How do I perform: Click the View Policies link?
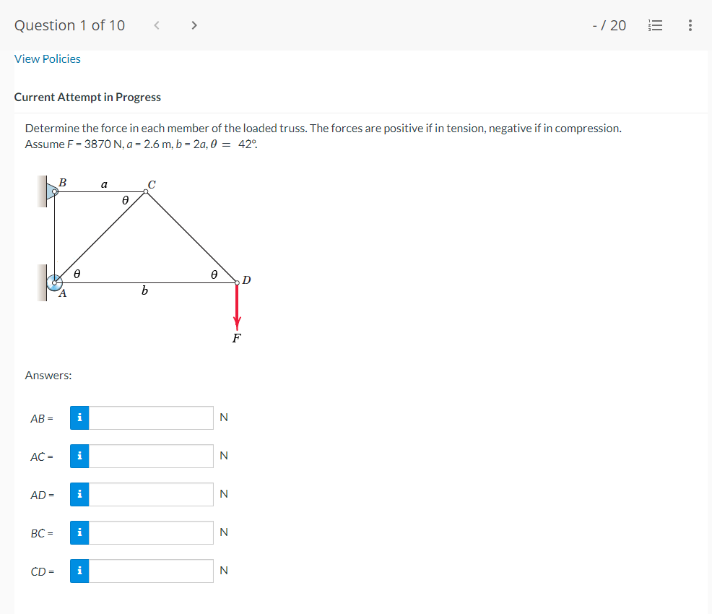pos(48,59)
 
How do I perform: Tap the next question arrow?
pos(193,25)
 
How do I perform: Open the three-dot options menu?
pos(690,25)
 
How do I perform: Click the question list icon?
pos(655,25)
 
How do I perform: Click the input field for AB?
pos(152,418)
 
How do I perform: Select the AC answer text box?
pos(152,456)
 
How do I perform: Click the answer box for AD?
pos(152,494)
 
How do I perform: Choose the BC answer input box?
pos(152,532)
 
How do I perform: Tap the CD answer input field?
pos(152,571)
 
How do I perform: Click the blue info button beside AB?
pos(79,418)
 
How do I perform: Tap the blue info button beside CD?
pos(79,571)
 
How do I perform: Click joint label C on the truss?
pos(151,183)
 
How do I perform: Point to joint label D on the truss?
pos(246,280)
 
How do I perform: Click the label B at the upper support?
pos(63,183)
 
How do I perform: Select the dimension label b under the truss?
pos(145,291)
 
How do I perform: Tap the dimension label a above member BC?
pos(104,184)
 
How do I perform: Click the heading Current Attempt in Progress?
pos(87,97)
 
